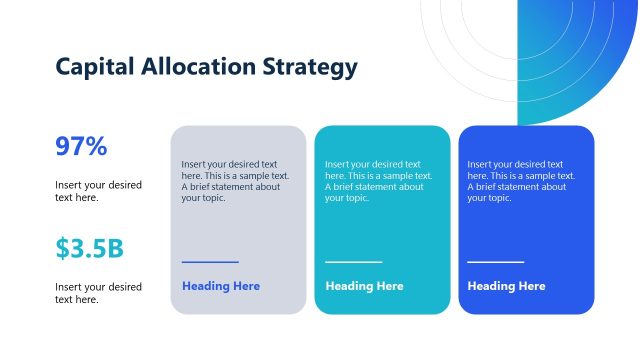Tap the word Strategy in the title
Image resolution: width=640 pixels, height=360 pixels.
click(309, 67)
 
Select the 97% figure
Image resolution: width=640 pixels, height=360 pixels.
click(81, 147)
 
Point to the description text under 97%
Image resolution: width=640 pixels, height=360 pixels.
click(98, 191)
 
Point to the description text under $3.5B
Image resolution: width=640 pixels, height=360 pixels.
click(98, 293)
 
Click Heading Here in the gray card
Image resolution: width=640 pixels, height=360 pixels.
click(221, 286)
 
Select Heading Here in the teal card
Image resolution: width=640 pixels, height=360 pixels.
click(364, 286)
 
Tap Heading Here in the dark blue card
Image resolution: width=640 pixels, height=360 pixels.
click(507, 286)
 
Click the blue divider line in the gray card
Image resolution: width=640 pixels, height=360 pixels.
click(210, 262)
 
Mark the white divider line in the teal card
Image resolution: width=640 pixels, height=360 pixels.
click(353, 262)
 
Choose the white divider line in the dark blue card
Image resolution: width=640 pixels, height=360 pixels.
click(496, 262)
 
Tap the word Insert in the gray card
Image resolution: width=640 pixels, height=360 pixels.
click(194, 164)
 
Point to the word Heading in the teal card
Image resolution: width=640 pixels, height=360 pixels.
click(350, 286)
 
